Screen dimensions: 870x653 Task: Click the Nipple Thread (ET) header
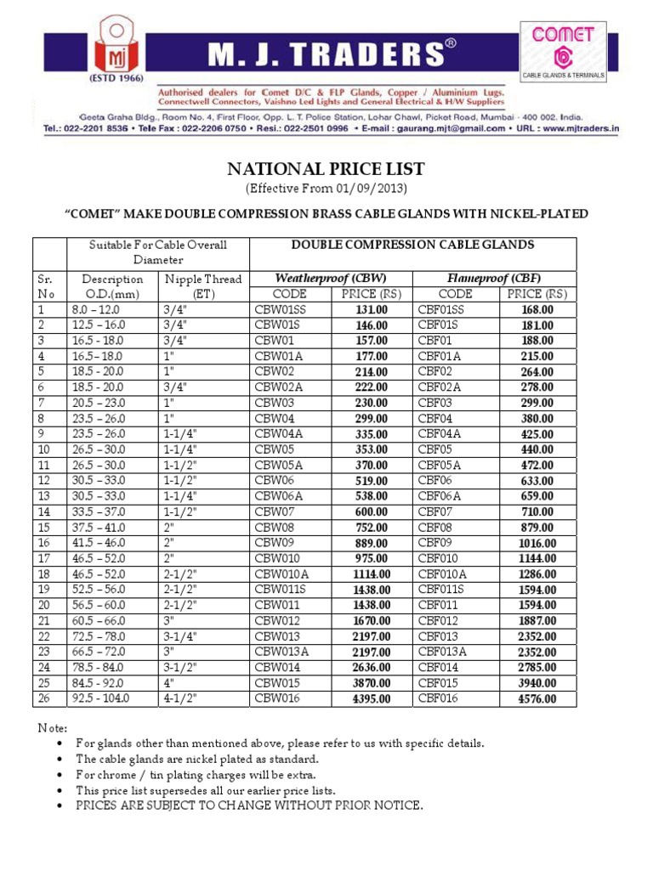(x=203, y=286)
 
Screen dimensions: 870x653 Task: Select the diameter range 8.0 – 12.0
(x=96, y=310)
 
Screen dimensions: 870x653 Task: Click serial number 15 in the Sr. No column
(x=43, y=528)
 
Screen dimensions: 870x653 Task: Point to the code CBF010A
(x=443, y=574)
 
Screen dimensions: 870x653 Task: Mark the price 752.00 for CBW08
(x=372, y=528)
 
